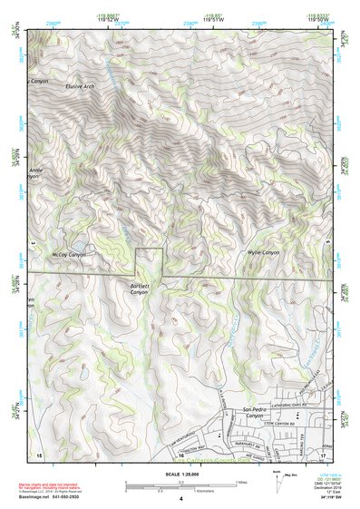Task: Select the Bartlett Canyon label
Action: [x=139, y=289]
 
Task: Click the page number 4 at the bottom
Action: [x=180, y=499]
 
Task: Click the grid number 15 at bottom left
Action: [x=38, y=455]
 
